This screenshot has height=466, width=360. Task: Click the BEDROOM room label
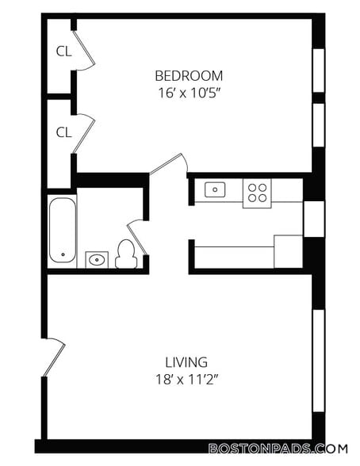click(x=189, y=76)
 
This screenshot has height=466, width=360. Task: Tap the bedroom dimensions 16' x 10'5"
click(x=189, y=93)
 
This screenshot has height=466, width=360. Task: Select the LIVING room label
click(x=186, y=362)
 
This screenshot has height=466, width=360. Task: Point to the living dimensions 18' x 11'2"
click(x=187, y=380)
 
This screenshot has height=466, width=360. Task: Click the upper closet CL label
click(x=64, y=52)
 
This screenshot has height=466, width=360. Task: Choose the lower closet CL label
click(x=64, y=132)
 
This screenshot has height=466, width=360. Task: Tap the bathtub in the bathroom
click(x=63, y=230)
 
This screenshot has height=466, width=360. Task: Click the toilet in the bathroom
click(x=126, y=254)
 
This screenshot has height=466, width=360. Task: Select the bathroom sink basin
click(x=97, y=260)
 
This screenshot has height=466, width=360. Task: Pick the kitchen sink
click(x=215, y=189)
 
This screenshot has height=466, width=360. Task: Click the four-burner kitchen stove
click(x=257, y=193)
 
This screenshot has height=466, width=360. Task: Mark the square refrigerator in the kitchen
click(x=289, y=251)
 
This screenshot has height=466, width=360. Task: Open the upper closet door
click(x=84, y=51)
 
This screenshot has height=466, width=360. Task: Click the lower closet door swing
click(x=84, y=134)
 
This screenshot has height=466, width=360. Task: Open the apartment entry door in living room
click(x=54, y=357)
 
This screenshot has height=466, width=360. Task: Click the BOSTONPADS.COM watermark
click(x=278, y=449)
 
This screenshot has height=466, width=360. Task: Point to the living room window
click(x=319, y=361)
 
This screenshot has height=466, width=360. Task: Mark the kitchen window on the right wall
click(x=314, y=219)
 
